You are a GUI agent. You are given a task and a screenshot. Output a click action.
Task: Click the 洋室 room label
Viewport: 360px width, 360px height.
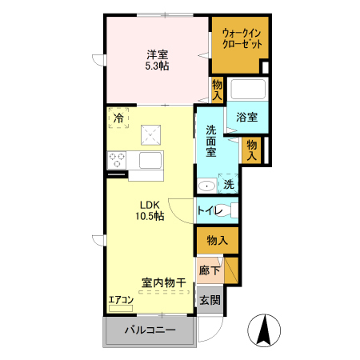(156, 55)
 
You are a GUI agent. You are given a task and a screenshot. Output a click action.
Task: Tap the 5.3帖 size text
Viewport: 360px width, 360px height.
(156, 67)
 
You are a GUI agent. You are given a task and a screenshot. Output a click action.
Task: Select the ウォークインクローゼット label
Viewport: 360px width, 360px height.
(240, 38)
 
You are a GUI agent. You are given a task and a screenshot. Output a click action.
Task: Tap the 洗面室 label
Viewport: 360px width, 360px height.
(212, 142)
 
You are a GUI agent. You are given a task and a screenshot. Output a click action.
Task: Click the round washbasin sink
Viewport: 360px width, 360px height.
(207, 186)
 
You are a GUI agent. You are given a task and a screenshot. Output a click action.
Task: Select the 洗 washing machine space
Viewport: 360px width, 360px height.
(230, 185)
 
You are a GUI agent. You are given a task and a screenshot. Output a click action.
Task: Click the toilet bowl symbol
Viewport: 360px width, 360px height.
(232, 210)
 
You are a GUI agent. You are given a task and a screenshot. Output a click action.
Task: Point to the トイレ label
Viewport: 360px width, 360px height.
(210, 211)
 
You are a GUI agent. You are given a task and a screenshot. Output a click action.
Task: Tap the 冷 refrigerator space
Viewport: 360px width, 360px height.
(118, 118)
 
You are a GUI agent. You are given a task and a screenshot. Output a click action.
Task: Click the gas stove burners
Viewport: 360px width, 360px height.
(118, 158)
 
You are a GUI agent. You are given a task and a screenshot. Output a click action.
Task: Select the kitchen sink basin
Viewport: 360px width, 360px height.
(150, 159)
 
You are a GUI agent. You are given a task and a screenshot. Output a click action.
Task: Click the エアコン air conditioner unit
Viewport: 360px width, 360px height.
(121, 307)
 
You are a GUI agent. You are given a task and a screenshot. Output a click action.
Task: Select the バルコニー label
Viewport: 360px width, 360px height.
(149, 330)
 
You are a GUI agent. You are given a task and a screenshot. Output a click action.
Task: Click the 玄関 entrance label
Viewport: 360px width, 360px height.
(210, 300)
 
